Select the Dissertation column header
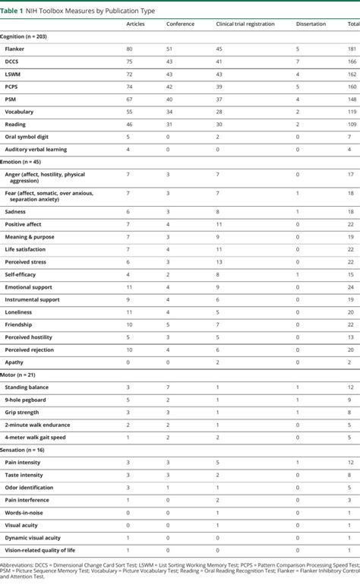(x=311, y=24)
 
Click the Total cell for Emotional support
(x=351, y=286)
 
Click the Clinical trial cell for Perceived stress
(x=218, y=261)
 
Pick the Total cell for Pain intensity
(x=351, y=462)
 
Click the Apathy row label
(x=14, y=362)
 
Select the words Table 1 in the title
(x=14, y=7)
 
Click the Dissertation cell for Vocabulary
(x=297, y=112)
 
